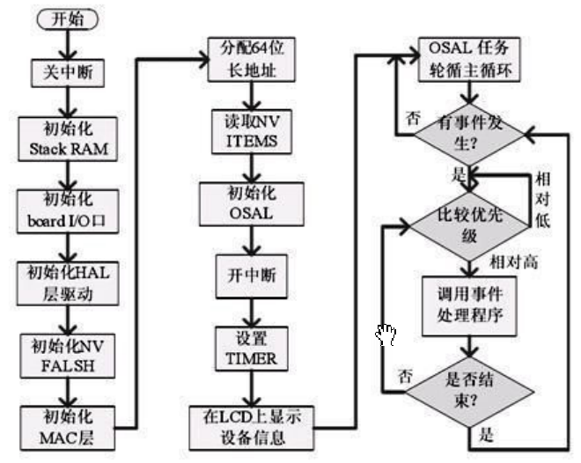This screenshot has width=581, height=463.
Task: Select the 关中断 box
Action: [68, 73]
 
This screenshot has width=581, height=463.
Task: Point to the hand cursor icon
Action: [386, 334]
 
